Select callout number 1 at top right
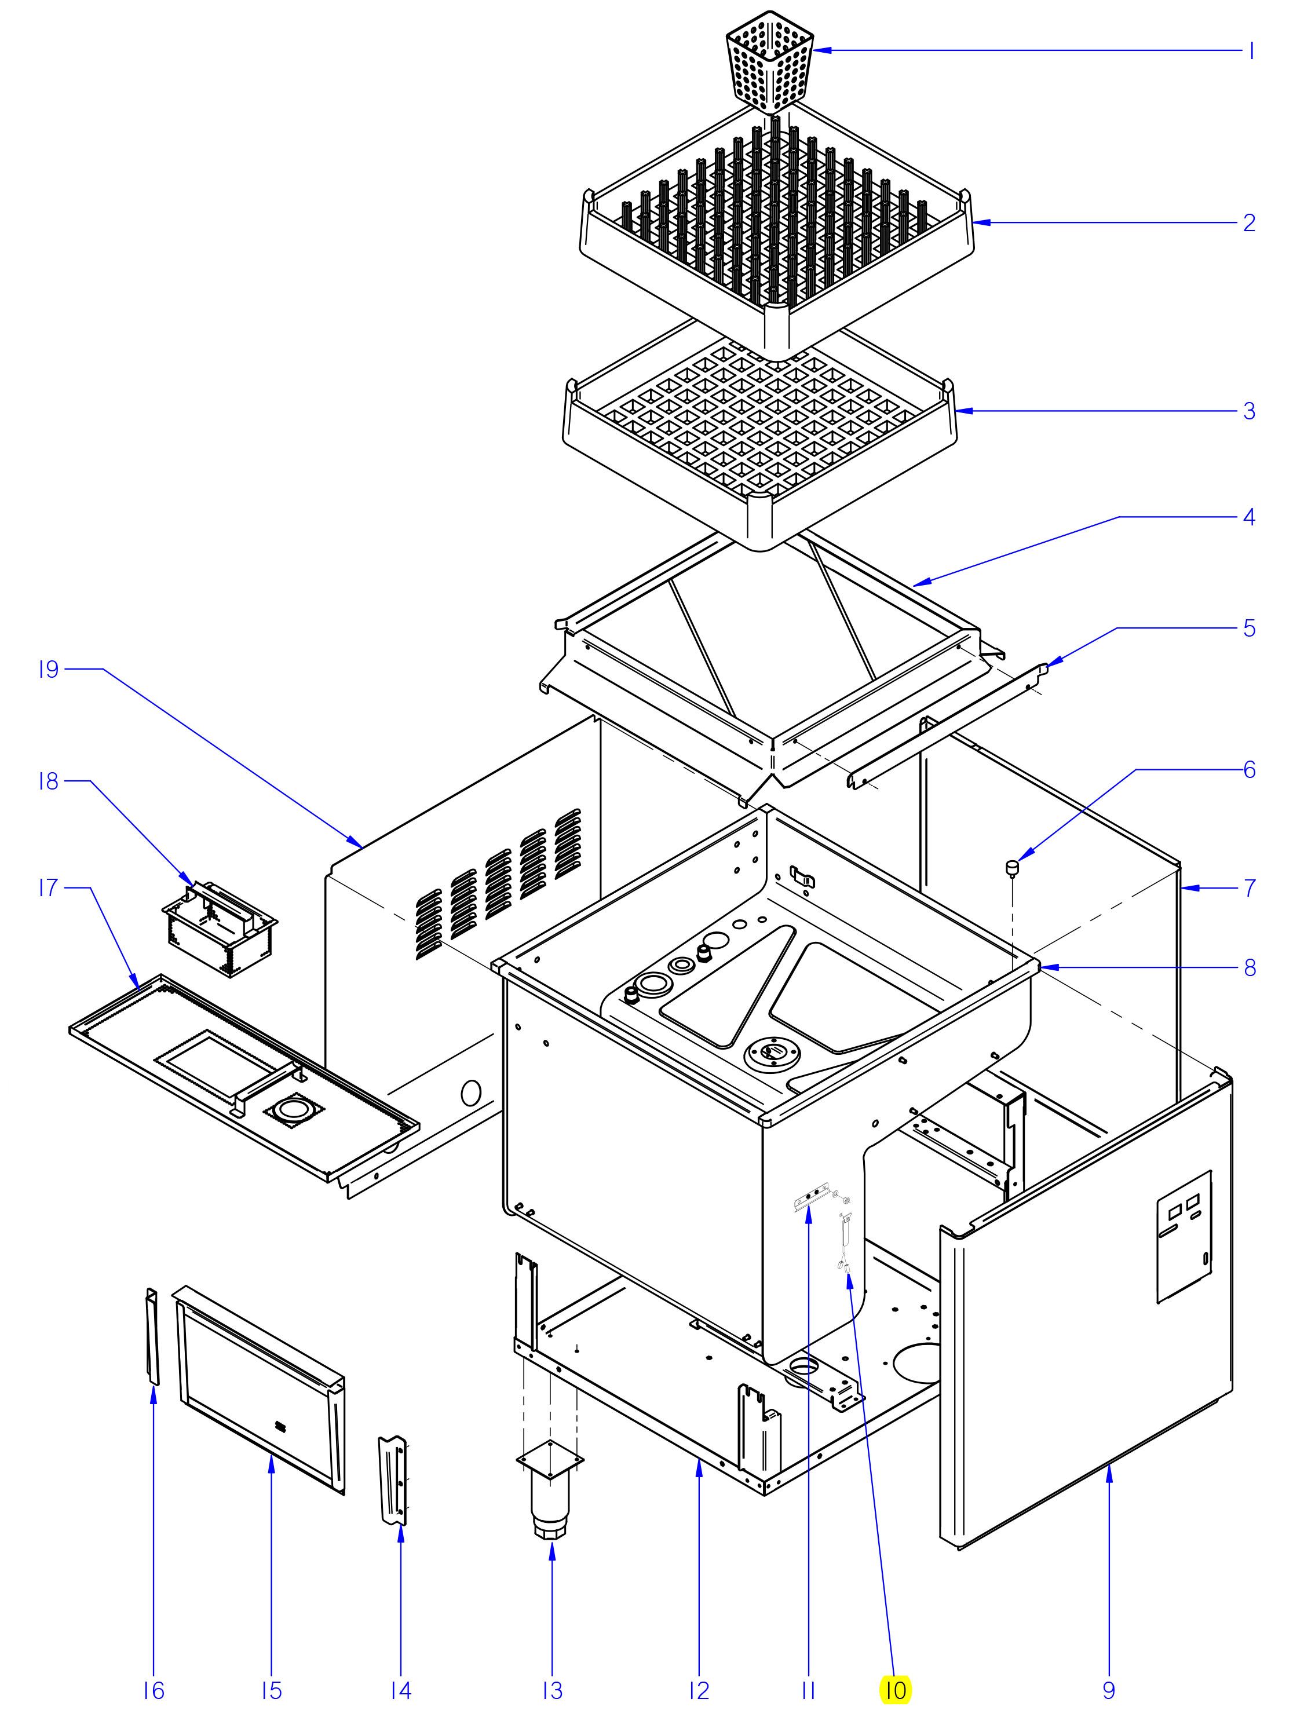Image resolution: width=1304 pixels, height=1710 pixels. click(1251, 51)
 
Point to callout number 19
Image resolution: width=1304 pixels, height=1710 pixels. click(49, 669)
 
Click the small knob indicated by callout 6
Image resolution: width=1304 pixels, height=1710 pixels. click(1012, 867)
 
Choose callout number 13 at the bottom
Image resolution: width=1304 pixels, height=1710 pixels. click(552, 1690)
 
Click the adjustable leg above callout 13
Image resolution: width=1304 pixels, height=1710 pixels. click(550, 1494)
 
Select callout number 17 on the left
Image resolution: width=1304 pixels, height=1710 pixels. click(49, 887)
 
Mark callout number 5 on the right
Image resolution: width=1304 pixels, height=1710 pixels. click(1249, 628)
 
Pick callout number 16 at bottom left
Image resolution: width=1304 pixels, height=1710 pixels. click(154, 1690)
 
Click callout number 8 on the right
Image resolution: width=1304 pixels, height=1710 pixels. click(1250, 967)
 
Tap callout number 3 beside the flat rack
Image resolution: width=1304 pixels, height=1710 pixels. click(1249, 411)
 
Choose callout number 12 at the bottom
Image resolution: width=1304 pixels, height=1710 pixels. click(699, 1690)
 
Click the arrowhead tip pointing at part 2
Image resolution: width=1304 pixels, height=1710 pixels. click(975, 223)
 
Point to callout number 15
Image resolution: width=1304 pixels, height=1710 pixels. click(271, 1690)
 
